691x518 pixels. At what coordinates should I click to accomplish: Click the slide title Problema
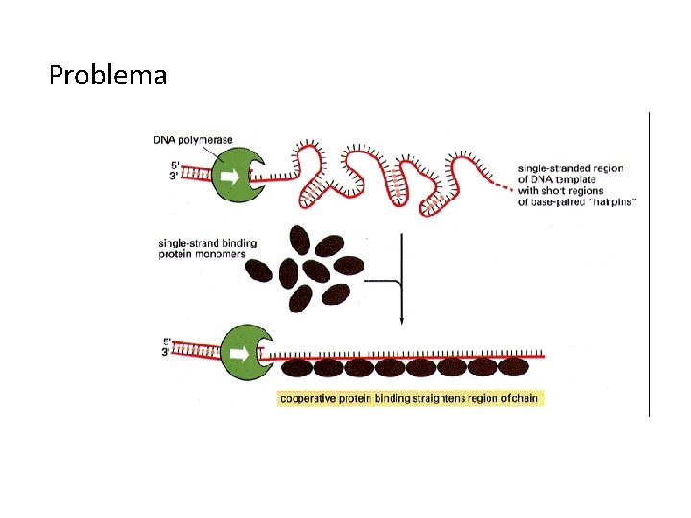[x=107, y=75]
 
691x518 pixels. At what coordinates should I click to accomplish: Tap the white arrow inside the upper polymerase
[x=231, y=177]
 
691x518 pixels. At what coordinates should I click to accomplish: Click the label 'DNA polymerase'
[x=193, y=140]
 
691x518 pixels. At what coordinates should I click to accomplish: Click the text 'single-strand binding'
[x=208, y=244]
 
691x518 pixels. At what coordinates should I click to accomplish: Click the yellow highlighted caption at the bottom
[x=410, y=397]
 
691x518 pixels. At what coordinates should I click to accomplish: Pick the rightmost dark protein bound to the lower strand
[x=512, y=365]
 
